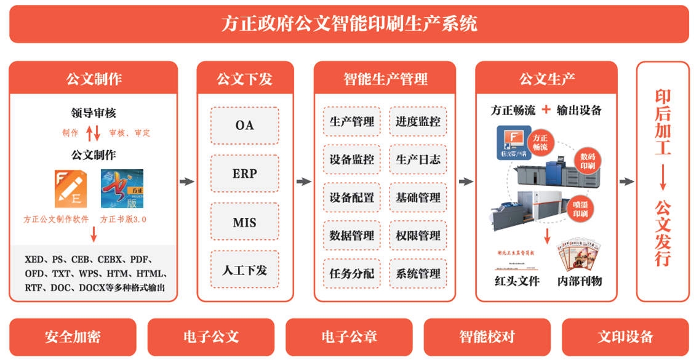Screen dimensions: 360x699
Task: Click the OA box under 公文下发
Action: [x=244, y=126]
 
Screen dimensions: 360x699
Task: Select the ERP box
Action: [x=244, y=174]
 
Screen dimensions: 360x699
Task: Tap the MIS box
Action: [x=244, y=222]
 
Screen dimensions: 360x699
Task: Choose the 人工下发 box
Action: [x=244, y=270]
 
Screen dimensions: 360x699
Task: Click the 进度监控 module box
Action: [x=418, y=122]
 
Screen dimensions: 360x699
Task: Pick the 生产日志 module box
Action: [x=418, y=160]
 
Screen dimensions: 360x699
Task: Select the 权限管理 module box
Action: [x=418, y=236]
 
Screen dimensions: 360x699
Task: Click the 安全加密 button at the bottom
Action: [x=73, y=337]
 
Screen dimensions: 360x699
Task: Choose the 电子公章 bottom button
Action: [x=349, y=337]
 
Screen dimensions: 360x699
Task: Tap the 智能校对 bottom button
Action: [x=487, y=337]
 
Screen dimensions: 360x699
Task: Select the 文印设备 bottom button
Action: [x=625, y=337]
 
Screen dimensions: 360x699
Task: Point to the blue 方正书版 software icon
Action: [x=122, y=189]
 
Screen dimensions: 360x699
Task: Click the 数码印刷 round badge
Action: [x=588, y=161]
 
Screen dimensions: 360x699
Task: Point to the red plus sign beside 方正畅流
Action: [x=545, y=110]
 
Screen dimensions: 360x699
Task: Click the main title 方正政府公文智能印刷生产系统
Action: [x=349, y=24]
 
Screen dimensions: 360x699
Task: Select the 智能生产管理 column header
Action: [x=385, y=79]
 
